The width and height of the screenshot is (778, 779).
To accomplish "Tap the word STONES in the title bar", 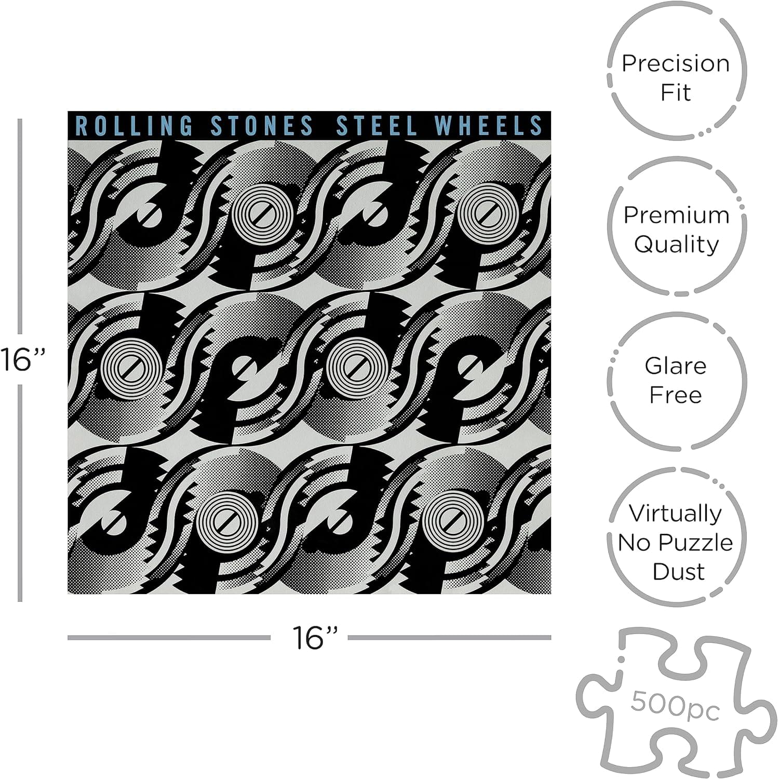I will pos(262,126).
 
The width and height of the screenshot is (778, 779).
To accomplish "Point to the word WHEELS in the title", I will pos(489,126).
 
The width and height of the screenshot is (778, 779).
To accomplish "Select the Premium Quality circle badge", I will pos(676,229).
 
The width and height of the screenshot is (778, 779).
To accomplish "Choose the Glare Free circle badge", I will pos(676,380).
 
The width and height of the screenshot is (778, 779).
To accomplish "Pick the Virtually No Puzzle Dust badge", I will pos(676,542).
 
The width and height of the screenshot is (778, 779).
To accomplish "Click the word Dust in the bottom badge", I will pos(678,571).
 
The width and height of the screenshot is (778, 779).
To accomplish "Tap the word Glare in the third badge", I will pos(676,366).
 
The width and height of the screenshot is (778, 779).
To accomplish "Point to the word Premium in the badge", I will pos(676,214).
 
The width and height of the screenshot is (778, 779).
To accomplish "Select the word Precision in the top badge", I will pos(676,63).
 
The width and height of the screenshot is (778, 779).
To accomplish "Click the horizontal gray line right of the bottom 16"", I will pos(449,637).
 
